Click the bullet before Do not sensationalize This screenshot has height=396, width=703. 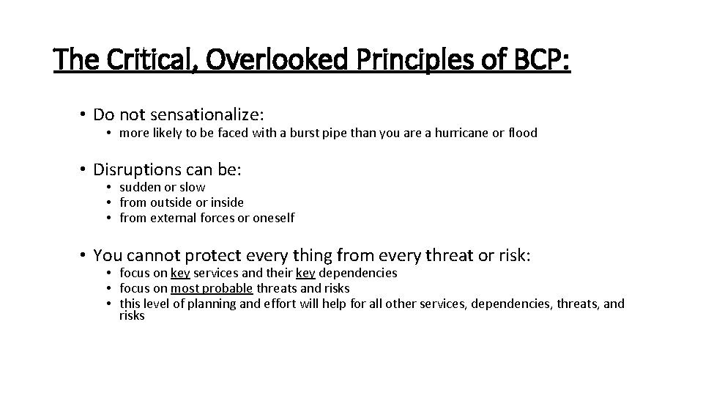[x=85, y=114]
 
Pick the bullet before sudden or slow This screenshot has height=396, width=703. [x=107, y=188]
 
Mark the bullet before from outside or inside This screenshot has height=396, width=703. [x=107, y=202]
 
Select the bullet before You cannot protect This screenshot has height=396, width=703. [x=85, y=255]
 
